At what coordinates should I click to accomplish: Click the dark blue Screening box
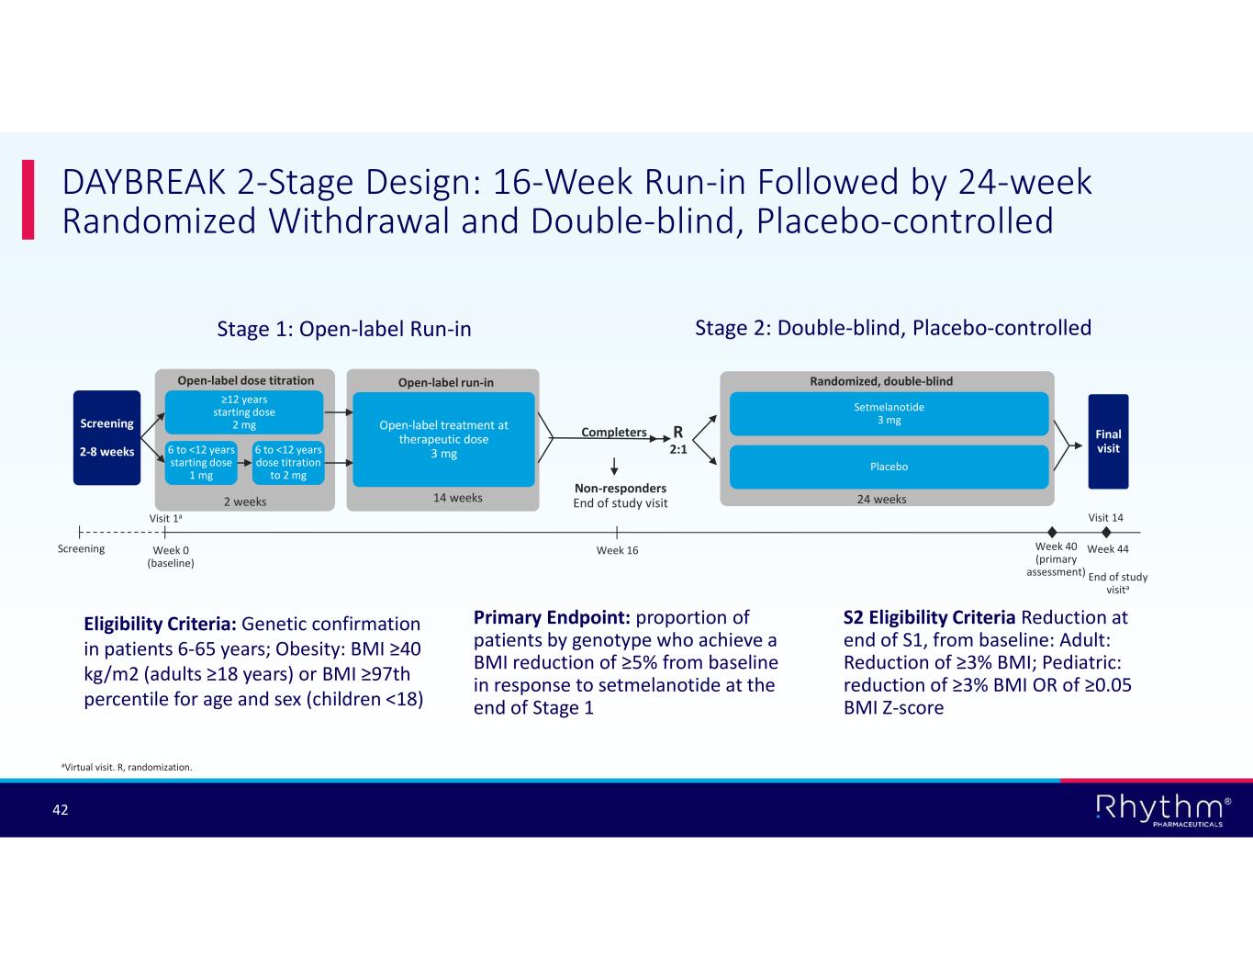106,437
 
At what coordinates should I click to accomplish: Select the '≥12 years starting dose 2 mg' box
243,412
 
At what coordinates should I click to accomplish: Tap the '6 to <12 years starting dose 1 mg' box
201,463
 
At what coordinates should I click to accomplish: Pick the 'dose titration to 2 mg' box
288,463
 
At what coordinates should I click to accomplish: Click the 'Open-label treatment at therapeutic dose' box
443,439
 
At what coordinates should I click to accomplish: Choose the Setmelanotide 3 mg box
888,413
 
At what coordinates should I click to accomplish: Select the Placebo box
888,467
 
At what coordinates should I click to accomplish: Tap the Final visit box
1108,442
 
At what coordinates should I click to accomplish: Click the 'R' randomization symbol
678,433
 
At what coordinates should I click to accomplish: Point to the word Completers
614,433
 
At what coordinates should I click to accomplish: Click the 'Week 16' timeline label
617,550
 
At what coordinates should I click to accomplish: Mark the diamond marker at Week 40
1052,532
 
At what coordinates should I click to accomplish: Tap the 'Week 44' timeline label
1108,549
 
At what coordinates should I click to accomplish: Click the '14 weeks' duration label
457,498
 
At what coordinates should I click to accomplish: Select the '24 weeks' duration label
881,499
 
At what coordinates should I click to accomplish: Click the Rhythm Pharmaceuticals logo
1162,810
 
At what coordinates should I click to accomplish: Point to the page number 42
61,809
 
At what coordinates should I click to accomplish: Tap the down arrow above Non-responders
614,465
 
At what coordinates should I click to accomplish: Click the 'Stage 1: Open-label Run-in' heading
343,329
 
